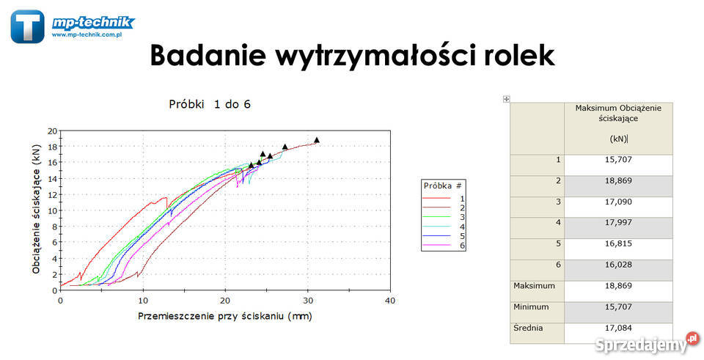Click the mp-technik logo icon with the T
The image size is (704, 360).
27,26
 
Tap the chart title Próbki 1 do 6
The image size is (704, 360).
210,104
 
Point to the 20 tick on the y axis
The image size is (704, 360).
53,131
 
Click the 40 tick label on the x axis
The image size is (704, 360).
390,301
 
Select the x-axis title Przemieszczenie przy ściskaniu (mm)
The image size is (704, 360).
225,317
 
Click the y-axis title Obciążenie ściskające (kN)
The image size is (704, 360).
37,209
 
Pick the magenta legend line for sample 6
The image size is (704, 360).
436,245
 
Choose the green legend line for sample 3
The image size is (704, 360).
436,217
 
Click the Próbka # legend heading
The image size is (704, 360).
443,185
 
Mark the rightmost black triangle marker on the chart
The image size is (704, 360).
317,140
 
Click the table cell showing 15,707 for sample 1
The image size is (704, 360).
618,160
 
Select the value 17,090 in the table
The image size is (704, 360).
618,202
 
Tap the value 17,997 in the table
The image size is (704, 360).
618,223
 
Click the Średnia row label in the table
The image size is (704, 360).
528,328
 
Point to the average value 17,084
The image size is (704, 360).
618,328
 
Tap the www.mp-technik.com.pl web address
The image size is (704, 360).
87,34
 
